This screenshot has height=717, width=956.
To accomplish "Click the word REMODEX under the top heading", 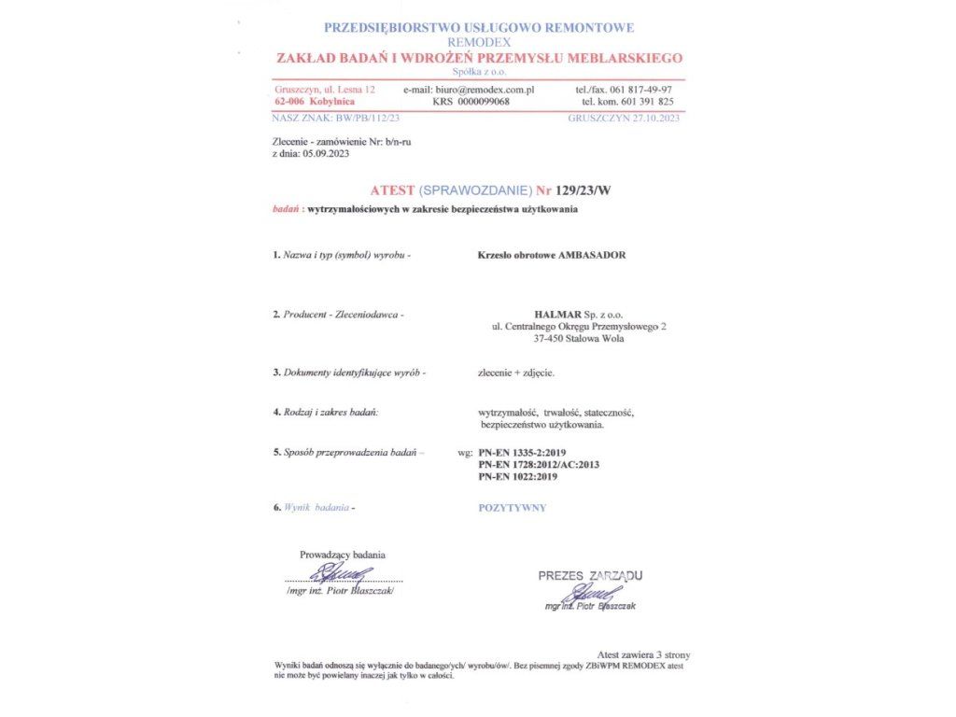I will pos(479,43).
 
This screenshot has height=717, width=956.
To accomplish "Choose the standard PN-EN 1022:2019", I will pos(517,476).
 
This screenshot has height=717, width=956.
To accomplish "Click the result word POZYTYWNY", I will pos(512,508).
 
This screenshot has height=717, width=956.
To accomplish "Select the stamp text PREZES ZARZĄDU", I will pos(590,576).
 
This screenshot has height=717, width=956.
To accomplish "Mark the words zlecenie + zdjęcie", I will pos(516,373).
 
